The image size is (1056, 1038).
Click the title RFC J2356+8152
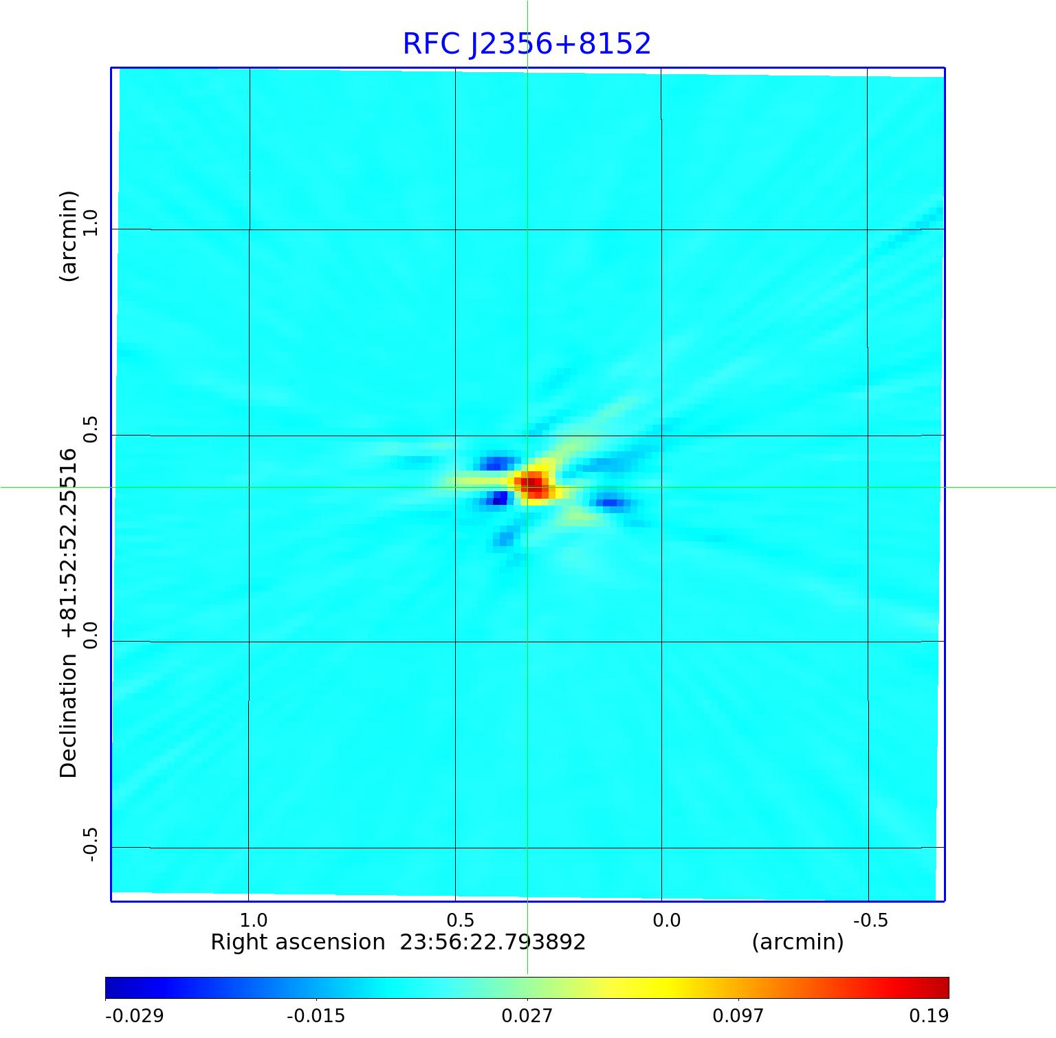pos(527,44)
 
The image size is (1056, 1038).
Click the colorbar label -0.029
pos(134,1016)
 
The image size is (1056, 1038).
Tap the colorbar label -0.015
pos(316,1016)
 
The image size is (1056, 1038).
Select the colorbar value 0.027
pos(527,1016)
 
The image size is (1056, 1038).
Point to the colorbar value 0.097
pos(738,1016)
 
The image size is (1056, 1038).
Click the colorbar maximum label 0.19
pos(929,1016)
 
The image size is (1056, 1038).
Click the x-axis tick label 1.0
pos(254,920)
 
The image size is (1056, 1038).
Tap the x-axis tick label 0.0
pos(666,920)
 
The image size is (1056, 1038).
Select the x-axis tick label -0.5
pos(870,920)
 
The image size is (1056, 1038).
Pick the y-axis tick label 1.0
pos(90,223)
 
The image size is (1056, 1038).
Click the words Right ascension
pos(298,942)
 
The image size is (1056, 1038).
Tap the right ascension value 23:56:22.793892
pos(493,942)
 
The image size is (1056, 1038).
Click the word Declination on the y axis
pos(69,716)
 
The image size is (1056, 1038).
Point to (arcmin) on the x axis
pos(797,942)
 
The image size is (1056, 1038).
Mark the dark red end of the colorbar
pos(942,988)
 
